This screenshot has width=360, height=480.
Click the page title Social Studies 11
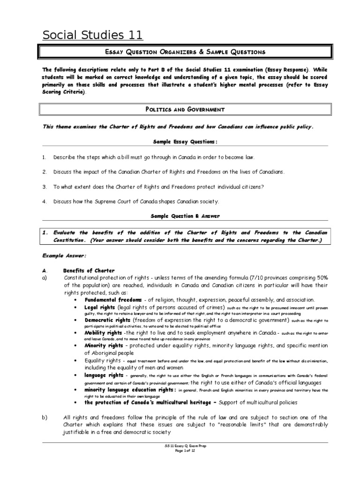pyautogui.click(x=93, y=35)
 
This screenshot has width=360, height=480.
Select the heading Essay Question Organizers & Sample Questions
pyautogui.click(x=185, y=52)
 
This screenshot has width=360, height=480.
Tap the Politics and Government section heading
pyautogui.click(x=185, y=110)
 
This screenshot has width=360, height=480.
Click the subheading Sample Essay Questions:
pyautogui.click(x=185, y=141)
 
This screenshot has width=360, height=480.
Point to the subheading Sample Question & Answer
pyautogui.click(x=185, y=216)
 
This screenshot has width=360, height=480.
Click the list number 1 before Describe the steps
pyautogui.click(x=44, y=157)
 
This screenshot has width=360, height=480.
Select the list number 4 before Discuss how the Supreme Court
pyautogui.click(x=44, y=202)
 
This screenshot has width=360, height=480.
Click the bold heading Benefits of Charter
pyautogui.click(x=89, y=270)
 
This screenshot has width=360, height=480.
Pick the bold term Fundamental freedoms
pyautogui.click(x=113, y=300)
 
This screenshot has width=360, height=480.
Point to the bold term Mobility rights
pyautogui.click(x=103, y=333)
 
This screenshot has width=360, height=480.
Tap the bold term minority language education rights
pyautogui.click(x=130, y=390)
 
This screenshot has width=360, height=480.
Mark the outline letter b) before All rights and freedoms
pyautogui.click(x=45, y=417)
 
